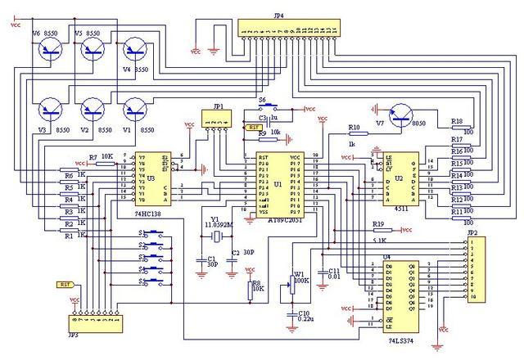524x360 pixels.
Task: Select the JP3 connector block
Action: click(96, 325)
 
